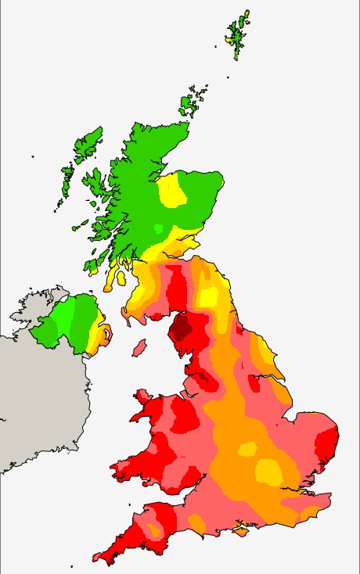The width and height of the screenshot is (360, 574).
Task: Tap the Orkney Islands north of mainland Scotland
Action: tap(191, 102)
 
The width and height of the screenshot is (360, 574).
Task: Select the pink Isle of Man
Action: tap(139, 346)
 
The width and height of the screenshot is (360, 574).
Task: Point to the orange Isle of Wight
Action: tap(242, 532)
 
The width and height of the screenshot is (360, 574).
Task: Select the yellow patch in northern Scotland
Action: tap(172, 192)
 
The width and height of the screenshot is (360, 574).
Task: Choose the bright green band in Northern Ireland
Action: tap(63, 317)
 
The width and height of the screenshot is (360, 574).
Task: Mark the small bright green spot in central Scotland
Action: tap(159, 228)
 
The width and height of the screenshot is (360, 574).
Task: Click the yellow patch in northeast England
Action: tap(208, 297)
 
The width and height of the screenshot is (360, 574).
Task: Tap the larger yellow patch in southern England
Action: tap(270, 471)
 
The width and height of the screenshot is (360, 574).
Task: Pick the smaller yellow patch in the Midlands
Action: tap(247, 449)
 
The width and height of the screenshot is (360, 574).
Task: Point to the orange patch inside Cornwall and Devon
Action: tap(155, 532)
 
